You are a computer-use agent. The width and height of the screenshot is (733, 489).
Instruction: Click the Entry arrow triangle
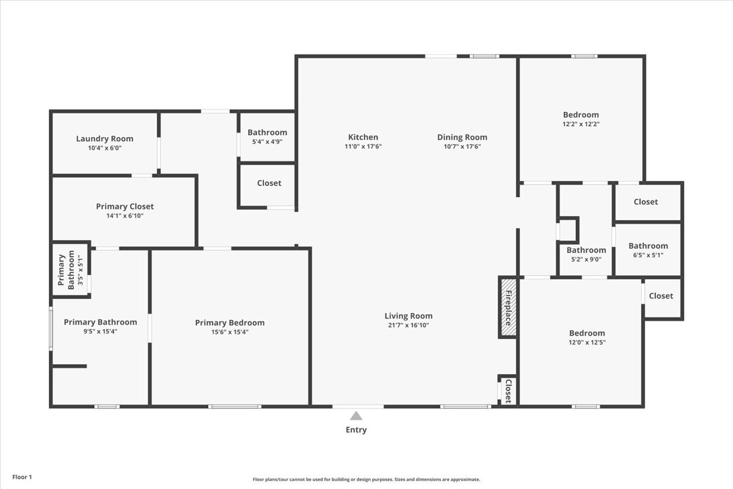point(356,416)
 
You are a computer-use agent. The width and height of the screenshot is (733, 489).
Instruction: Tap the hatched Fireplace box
point(508,307)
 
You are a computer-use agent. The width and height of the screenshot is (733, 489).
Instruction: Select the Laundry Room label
point(104,139)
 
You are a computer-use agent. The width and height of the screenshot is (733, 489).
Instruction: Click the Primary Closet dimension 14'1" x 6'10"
point(125,216)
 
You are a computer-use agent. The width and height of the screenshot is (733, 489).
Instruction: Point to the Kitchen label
point(363,137)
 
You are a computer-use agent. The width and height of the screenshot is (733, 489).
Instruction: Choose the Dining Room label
point(462,138)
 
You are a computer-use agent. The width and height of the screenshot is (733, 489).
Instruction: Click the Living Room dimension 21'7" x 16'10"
point(409,325)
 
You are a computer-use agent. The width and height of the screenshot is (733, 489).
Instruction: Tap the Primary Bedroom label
point(230,323)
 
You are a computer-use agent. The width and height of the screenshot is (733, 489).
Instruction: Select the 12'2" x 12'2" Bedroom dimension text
point(581,124)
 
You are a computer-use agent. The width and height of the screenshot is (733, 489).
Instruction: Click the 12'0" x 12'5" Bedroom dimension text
point(587,342)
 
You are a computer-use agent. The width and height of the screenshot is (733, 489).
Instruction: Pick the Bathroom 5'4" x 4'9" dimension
point(268,142)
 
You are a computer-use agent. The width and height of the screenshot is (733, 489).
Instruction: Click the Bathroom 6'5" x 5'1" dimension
point(648,255)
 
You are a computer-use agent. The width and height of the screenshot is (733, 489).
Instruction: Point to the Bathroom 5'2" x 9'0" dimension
point(586,259)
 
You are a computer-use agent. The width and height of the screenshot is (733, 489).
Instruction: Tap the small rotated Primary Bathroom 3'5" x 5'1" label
point(71,270)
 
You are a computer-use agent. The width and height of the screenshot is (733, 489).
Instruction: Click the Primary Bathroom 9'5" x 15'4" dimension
point(100,331)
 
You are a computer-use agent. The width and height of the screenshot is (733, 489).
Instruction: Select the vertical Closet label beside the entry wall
point(508,391)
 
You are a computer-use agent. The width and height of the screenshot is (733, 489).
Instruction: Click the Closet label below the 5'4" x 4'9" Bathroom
point(269,183)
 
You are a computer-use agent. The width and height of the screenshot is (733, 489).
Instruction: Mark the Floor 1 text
point(22,477)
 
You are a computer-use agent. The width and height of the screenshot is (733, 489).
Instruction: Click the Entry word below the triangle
point(356,430)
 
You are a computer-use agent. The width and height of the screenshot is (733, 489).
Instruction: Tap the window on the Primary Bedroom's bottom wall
point(235,406)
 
